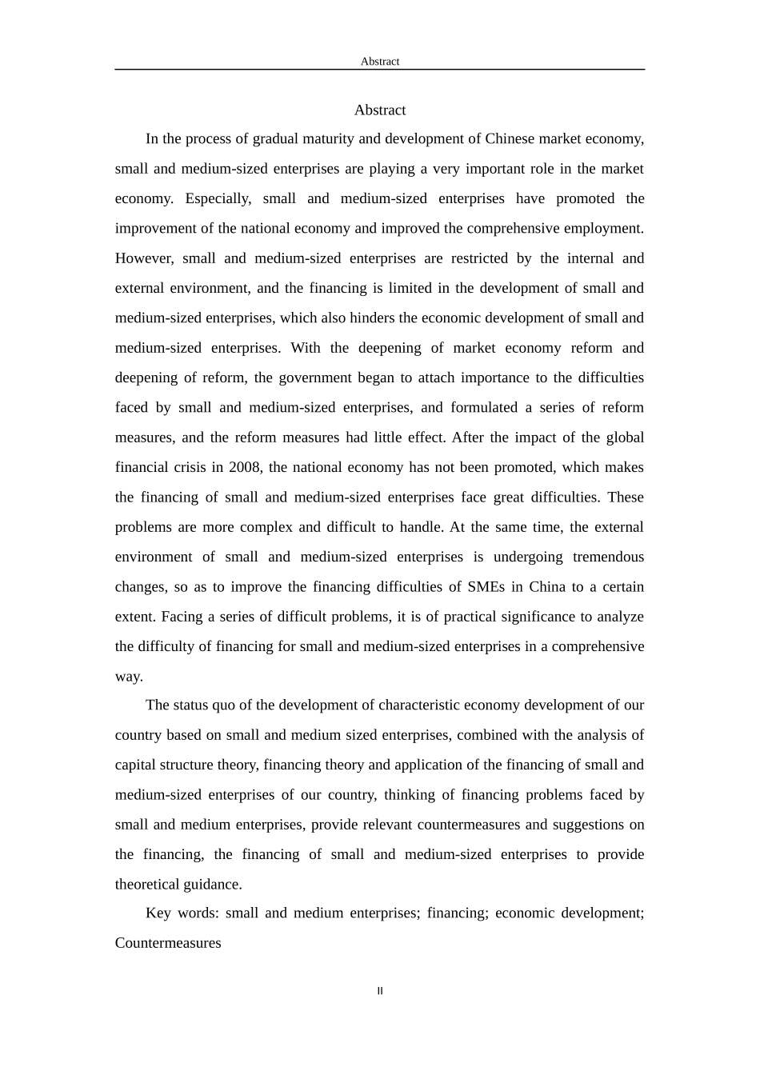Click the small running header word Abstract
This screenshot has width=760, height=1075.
(x=379, y=62)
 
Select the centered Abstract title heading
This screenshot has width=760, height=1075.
(x=380, y=110)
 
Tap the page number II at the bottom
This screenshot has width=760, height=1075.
(x=380, y=991)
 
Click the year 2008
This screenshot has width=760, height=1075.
(x=244, y=467)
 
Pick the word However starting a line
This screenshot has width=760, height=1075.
(x=144, y=258)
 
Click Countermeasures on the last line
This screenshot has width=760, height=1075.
(x=168, y=943)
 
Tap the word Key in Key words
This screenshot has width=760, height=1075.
(x=158, y=913)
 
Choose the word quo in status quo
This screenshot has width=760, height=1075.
(x=223, y=705)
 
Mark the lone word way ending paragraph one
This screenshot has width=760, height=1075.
(x=128, y=677)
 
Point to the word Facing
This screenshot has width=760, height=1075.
(x=182, y=617)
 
